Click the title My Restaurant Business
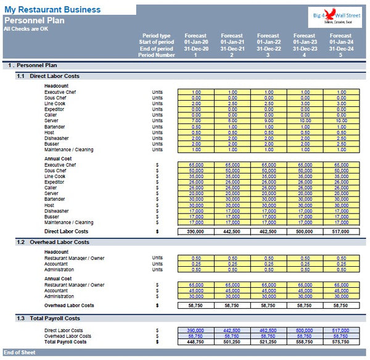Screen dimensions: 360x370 (52, 9)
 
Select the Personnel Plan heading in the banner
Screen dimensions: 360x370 (34, 20)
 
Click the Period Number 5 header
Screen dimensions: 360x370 (341, 55)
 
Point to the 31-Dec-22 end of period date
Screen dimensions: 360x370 (268, 49)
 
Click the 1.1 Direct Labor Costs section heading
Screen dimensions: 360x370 (48, 76)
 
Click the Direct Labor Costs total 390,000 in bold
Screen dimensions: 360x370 (196, 231)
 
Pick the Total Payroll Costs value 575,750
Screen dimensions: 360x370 (341, 341)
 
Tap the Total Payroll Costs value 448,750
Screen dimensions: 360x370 (196, 341)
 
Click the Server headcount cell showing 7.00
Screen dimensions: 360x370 (196, 120)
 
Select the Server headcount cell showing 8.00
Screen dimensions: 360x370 (232, 120)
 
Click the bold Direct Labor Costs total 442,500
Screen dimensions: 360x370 (232, 231)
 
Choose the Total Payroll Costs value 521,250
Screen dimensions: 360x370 (268, 341)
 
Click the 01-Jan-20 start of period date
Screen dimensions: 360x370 (196, 42)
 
